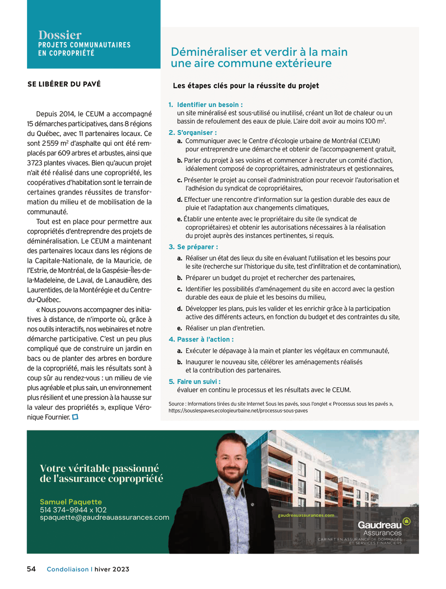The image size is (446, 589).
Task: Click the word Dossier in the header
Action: pos(60,35)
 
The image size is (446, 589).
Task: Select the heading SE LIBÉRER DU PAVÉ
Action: pos(64,84)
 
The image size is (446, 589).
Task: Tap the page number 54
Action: pos(31,569)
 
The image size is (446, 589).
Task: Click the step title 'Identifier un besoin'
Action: pos(210,105)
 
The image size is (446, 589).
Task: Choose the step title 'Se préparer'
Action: pos(197,247)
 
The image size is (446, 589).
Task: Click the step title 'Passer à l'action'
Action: pos(205,339)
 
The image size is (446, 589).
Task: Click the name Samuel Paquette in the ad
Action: pos(71,502)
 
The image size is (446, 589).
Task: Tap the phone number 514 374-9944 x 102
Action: pos(73,509)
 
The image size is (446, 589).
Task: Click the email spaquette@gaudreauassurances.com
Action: pos(104,517)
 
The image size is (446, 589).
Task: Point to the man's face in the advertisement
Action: pos(226,458)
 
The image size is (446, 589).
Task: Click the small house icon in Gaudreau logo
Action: pos(406,522)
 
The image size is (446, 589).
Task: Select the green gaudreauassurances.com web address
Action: pos(306,515)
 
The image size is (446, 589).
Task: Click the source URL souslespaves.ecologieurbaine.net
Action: pos(238,410)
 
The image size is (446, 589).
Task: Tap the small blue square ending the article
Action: pos(75,417)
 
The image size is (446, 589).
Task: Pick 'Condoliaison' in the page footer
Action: pos(67,569)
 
